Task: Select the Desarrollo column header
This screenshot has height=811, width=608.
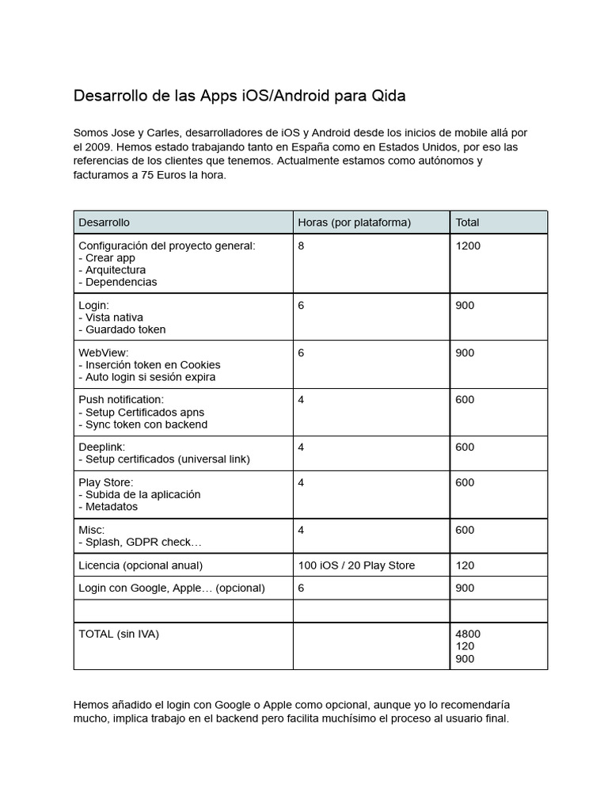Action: click(104, 223)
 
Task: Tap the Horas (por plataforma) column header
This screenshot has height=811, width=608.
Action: click(354, 223)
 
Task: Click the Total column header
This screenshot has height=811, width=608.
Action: click(467, 223)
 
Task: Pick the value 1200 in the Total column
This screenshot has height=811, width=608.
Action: click(468, 246)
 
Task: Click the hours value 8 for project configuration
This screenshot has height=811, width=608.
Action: click(301, 246)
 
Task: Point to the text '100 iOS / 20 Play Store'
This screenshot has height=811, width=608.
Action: click(356, 565)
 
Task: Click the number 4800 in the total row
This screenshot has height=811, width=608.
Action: click(468, 634)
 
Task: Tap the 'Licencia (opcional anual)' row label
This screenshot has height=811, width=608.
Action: click(141, 565)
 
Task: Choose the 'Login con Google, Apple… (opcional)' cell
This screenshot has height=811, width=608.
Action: click(172, 588)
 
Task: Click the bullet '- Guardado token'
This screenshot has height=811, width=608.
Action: click(122, 329)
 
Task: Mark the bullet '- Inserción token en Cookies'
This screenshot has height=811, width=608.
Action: click(150, 365)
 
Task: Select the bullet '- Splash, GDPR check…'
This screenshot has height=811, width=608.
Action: click(140, 542)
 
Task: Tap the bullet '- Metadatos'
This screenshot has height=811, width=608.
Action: click(108, 507)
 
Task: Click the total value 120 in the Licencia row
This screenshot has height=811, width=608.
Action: click(465, 565)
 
